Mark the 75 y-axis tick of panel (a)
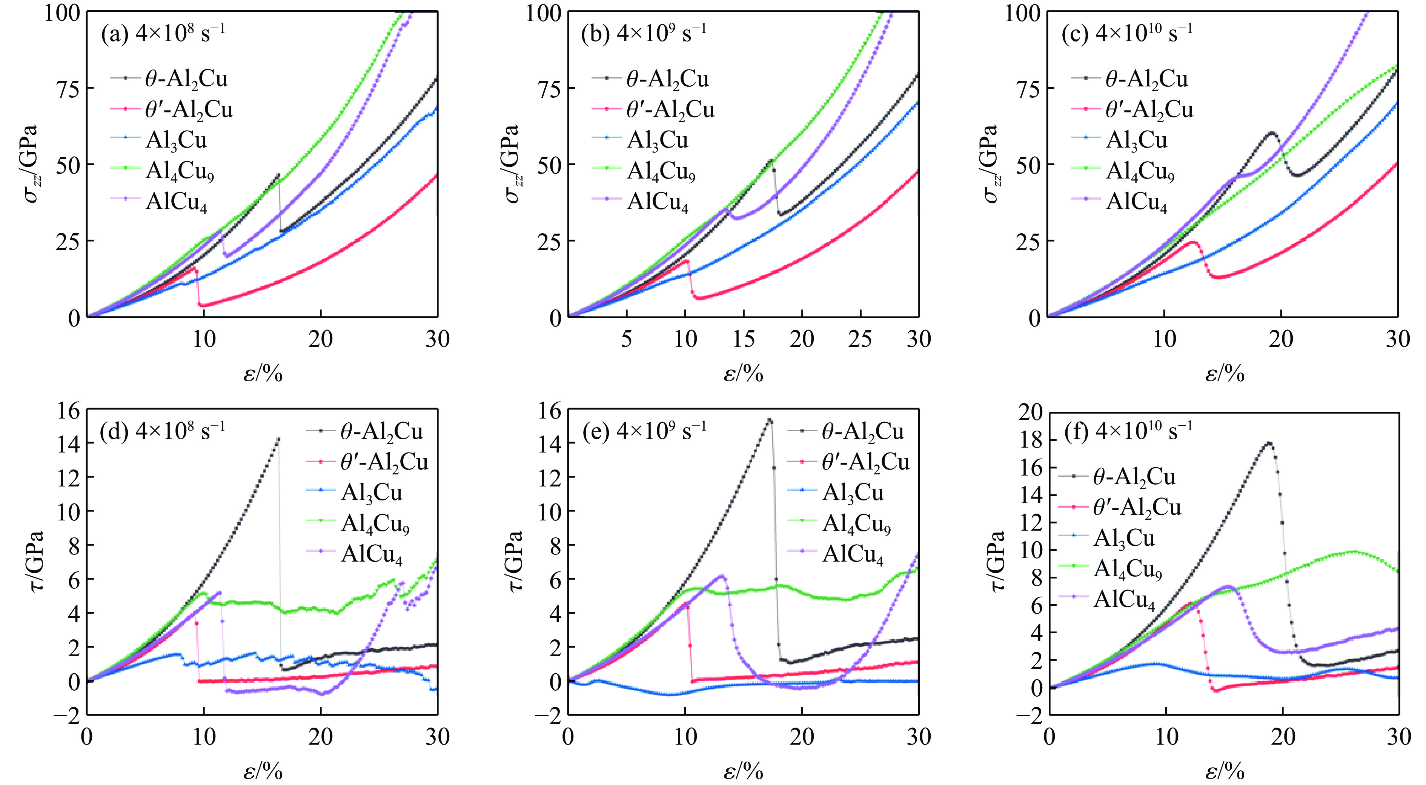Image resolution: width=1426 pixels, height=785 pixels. point(69,88)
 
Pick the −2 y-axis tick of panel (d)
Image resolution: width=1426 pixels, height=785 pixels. point(66,715)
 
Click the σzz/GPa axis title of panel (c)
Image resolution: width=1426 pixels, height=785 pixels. point(993,164)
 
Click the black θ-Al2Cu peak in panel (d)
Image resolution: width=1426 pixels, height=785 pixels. point(278,439)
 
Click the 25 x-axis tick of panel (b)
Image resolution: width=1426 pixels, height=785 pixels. point(860,339)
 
